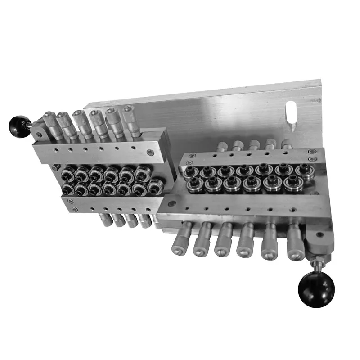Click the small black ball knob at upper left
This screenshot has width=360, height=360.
click(19, 126)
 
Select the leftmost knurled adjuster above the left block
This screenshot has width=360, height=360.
click(51, 122)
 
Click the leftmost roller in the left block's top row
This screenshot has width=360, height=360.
click(69, 173)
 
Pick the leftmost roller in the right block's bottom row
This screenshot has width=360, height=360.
click(194, 184)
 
